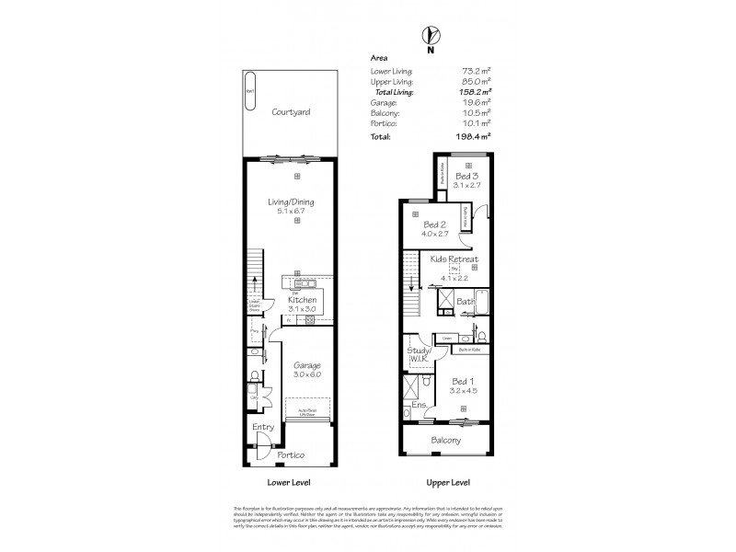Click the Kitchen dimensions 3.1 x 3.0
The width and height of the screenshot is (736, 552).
pyautogui.click(x=302, y=310)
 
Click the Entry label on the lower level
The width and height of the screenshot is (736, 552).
pyautogui.click(x=263, y=426)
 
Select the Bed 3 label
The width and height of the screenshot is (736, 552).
pyautogui.click(x=467, y=175)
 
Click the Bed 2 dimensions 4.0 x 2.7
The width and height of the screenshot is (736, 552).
pyautogui.click(x=436, y=235)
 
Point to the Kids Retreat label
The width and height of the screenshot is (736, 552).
pyautogui.click(x=455, y=259)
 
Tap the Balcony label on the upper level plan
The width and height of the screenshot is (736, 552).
pyautogui.click(x=446, y=441)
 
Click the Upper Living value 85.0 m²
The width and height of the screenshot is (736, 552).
pyautogui.click(x=474, y=81)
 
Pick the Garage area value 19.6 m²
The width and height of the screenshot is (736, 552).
pyautogui.click(x=475, y=102)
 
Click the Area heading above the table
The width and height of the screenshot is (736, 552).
pyautogui.click(x=378, y=56)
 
